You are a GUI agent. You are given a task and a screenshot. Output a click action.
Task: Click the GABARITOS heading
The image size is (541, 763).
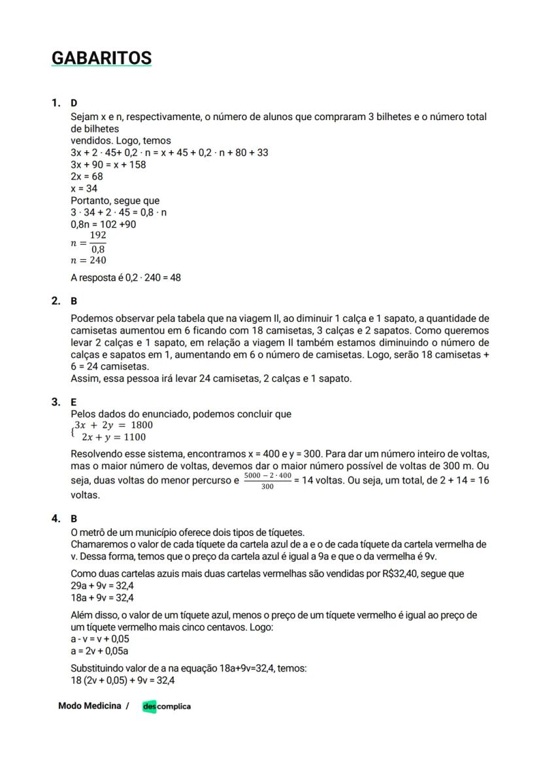pos(101,58)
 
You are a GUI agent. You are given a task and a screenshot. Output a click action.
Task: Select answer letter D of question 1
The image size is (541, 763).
pos(74,103)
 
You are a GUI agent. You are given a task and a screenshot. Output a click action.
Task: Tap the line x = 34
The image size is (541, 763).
pos(84,189)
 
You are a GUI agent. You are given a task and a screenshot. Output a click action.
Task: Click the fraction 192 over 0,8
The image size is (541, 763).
pos(98,242)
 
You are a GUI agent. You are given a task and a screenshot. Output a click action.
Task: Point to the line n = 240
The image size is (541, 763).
pos(88,260)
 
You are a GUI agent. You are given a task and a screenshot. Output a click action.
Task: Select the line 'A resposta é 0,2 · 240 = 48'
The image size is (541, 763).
pos(125,277)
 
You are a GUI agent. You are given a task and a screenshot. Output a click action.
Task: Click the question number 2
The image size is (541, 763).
pos(56,301)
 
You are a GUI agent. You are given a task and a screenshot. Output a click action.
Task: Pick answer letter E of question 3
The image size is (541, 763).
pos(73,402)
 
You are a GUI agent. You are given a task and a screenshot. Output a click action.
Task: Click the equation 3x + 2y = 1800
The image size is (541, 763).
pos(113,425)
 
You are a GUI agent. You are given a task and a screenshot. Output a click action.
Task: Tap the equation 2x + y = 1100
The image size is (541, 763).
pos(114,437)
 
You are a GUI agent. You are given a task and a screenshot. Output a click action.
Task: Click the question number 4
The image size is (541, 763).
pos(56,518)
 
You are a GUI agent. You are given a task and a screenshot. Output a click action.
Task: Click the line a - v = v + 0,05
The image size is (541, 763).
pos(100,639)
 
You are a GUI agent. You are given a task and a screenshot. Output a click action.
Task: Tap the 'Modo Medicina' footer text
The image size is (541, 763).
pos(90,706)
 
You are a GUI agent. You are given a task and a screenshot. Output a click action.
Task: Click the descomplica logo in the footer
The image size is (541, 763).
pos(167,706)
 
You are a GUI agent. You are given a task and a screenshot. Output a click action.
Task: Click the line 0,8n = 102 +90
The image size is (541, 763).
pos(103,225)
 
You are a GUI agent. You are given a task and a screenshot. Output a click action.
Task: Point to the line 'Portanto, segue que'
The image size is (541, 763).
pos(115,200)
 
